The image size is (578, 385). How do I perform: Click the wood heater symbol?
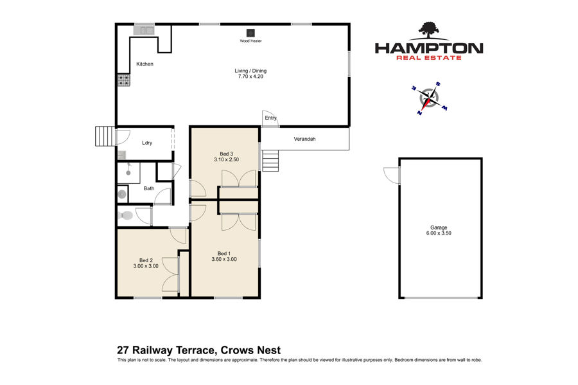[x=250, y=32]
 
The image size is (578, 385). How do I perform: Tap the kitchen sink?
[x=144, y=30]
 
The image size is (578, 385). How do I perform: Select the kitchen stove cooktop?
[x=124, y=80]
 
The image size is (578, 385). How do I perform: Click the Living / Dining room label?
[x=250, y=71]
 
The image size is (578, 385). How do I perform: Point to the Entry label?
[x=270, y=118]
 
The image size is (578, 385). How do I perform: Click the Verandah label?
[x=304, y=139]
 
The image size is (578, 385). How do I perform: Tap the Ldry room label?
[x=147, y=143]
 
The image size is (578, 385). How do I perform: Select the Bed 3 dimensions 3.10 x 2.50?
[x=226, y=159]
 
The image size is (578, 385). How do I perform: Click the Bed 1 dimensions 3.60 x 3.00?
[x=224, y=259]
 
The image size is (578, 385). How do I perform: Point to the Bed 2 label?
[x=146, y=260]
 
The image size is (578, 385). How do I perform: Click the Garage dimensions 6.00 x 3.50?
[x=439, y=233]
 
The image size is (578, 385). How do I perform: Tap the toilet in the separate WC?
[x=126, y=215]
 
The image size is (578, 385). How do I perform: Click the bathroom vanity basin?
[x=121, y=194]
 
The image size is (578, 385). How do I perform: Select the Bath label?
[x=149, y=188]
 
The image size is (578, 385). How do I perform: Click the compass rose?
[x=429, y=98]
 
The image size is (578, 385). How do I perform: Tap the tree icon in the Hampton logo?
[x=429, y=30]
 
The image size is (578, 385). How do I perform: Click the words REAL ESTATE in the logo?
[x=429, y=58]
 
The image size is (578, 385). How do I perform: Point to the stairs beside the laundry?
[x=105, y=136]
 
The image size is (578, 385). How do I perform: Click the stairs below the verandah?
[x=270, y=161]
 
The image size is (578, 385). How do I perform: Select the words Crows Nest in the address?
[x=250, y=350]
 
